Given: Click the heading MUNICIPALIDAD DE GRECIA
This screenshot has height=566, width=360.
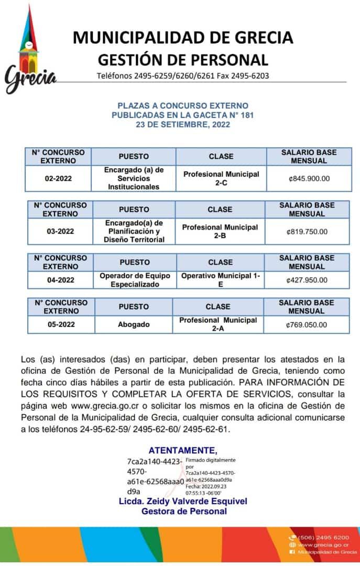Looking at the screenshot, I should (x=183, y=38).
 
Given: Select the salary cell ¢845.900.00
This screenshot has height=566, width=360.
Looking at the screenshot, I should (x=309, y=178).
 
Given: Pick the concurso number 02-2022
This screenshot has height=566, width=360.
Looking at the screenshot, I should (x=58, y=178).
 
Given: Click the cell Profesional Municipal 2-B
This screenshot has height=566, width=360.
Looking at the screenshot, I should (x=220, y=231).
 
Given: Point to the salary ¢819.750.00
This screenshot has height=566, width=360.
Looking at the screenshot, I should (x=307, y=231).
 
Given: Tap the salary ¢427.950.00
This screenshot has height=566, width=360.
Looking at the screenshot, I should (x=307, y=280).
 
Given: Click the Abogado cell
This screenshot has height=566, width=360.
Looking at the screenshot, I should (x=134, y=324).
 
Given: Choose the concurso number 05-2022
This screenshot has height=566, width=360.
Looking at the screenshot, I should (x=61, y=324).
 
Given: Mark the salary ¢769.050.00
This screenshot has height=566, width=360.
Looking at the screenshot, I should (x=307, y=324).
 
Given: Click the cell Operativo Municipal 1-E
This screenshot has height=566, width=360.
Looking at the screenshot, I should (x=220, y=280).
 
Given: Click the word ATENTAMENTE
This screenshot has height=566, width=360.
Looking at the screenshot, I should (x=182, y=450).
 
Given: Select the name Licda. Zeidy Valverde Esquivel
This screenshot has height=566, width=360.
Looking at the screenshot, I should (x=183, y=501).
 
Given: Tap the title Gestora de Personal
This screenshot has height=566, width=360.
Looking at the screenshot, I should (x=184, y=511).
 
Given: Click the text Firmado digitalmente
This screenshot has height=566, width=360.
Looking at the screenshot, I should (x=211, y=460).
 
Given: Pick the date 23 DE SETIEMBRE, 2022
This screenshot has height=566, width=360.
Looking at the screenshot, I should (x=183, y=124).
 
